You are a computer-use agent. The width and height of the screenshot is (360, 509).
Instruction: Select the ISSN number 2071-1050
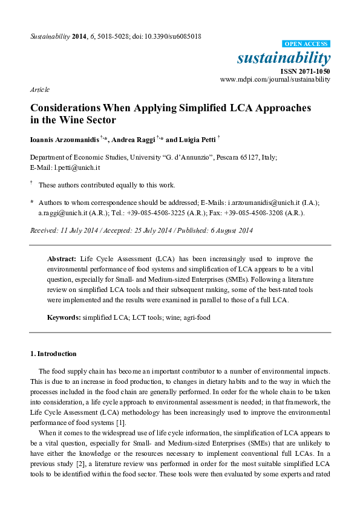(x=315, y=71)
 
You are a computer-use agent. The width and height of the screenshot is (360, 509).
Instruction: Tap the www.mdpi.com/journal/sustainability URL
(x=275, y=79)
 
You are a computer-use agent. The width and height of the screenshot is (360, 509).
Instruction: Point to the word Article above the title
(x=39, y=89)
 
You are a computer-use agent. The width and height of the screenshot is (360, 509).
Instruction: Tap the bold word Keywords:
(x=65, y=317)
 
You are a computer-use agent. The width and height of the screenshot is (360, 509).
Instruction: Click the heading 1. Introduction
(x=53, y=354)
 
